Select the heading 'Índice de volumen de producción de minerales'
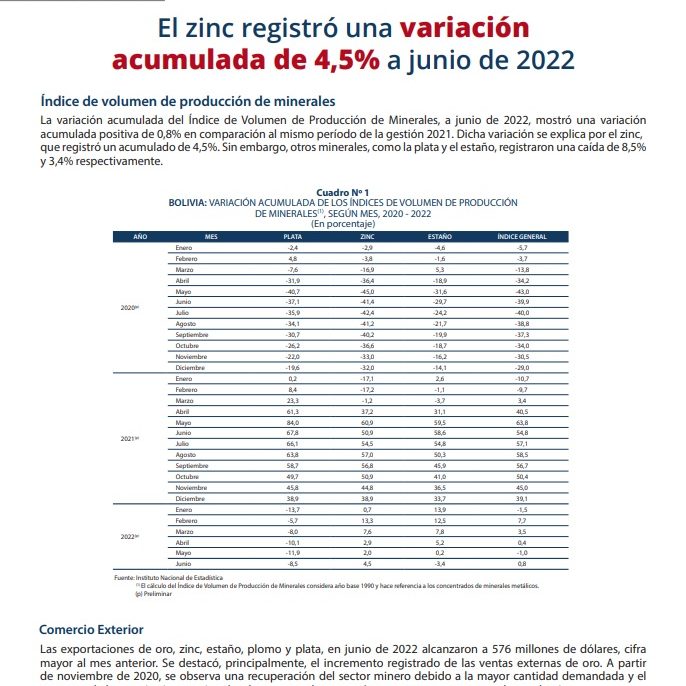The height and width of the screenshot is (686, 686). pos(187,101)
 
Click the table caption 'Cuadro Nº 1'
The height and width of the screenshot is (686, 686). pos(343,192)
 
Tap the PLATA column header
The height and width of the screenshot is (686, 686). pos(294,236)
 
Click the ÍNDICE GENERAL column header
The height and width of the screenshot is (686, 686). pos(521,236)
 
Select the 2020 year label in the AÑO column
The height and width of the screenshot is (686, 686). pos(128,307)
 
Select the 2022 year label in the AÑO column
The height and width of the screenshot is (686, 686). pos(128,537)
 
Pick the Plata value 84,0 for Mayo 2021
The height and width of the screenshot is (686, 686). pos(294,422)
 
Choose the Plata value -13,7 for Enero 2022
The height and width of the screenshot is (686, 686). pos(294,510)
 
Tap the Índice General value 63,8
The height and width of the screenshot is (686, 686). pos(521,422)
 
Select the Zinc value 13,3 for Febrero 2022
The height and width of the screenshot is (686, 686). pos(367,521)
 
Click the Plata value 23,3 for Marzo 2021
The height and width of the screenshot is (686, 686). pos(294,400)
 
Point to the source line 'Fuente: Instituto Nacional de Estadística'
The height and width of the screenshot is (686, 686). pos(169,579)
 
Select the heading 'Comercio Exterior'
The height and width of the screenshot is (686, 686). pos(91,629)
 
